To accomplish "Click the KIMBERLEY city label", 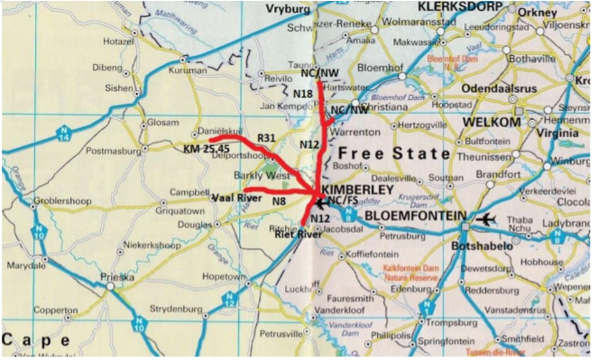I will [357, 190].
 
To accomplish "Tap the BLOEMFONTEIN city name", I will [416, 218].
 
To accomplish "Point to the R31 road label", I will [266, 137].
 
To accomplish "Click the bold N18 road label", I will [303, 93].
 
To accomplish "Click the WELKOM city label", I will [491, 122].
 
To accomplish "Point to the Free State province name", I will [393, 153].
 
